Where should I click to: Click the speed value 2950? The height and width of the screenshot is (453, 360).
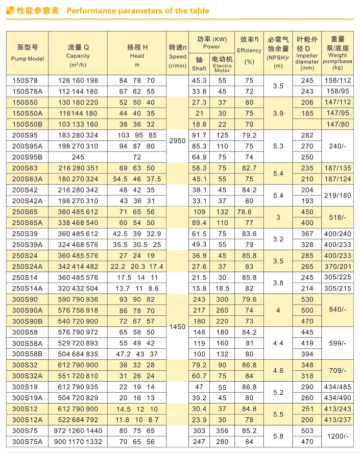point(177,140)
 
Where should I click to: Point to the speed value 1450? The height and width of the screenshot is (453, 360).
point(177,327)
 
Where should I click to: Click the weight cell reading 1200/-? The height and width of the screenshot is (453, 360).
point(338,436)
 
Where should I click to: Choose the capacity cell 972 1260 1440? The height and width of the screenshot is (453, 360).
point(78,431)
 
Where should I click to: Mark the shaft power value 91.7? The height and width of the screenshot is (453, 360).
point(199,135)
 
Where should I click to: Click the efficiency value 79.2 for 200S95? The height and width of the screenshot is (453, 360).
point(249,135)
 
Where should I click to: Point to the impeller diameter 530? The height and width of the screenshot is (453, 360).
point(307,299)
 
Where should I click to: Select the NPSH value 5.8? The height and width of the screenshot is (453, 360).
point(278,436)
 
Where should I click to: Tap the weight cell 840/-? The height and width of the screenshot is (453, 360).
point(338,310)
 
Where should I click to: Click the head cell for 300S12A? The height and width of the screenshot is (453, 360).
point(136,420)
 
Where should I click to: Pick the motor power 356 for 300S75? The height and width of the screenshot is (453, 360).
point(222,431)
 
